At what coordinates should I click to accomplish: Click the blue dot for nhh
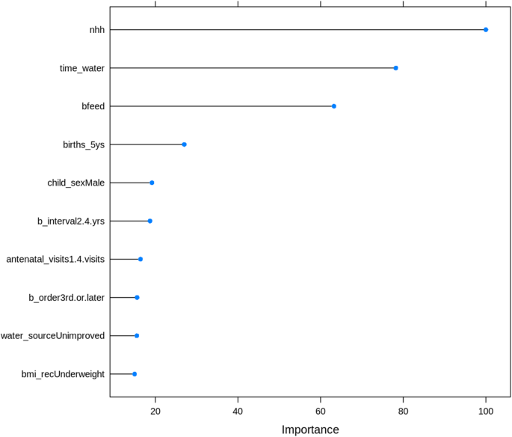486,30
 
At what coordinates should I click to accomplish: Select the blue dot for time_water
395,68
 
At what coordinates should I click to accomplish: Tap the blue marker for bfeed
334,106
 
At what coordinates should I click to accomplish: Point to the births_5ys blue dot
184,144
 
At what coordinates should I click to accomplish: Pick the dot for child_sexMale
152,183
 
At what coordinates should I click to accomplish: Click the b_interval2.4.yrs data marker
149,221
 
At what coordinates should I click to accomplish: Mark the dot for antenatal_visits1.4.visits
141,259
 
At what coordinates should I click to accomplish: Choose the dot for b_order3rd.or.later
137,297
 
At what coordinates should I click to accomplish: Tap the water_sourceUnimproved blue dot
137,335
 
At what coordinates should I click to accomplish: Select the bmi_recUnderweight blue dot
135,373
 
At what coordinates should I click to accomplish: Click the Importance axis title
310,430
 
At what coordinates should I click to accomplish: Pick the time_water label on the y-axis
82,68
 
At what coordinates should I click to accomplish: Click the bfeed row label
93,106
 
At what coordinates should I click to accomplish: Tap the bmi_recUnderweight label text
64,373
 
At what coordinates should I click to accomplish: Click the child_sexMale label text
76,183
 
